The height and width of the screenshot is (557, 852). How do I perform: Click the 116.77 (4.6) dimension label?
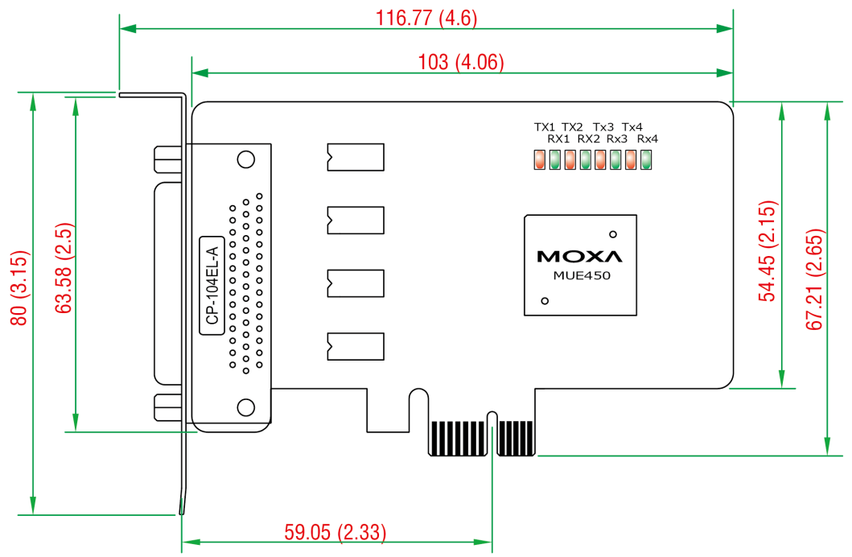click(x=426, y=18)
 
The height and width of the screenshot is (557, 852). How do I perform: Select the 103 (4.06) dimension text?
click(x=461, y=62)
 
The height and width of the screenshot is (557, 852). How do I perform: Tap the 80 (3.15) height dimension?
click(x=19, y=288)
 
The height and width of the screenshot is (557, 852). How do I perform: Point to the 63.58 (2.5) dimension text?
click(x=64, y=268)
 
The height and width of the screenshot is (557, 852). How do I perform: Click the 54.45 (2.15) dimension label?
click(x=768, y=251)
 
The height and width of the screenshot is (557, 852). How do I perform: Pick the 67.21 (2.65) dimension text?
click(x=814, y=280)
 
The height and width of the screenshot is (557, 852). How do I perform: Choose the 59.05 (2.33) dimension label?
click(x=335, y=532)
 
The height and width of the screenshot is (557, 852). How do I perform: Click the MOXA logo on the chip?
click(x=579, y=256)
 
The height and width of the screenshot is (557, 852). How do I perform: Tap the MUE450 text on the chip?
click(x=582, y=275)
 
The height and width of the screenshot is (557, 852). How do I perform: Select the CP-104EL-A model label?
click(x=212, y=286)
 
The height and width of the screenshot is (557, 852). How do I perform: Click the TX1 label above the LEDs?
click(x=545, y=127)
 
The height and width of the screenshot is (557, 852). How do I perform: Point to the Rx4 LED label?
click(x=647, y=138)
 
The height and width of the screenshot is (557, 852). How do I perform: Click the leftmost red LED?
click(x=539, y=159)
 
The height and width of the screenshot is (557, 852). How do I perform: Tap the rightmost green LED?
click(x=646, y=159)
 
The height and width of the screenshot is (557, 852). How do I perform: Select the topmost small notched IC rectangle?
click(x=356, y=157)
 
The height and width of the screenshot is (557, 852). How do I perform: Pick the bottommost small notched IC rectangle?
click(x=356, y=346)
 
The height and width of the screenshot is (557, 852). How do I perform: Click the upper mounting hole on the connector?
click(x=246, y=159)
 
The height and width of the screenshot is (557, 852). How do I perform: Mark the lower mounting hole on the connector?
click(x=246, y=407)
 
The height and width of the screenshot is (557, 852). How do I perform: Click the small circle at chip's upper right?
click(x=613, y=234)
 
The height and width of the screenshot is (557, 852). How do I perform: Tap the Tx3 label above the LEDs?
click(x=603, y=127)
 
